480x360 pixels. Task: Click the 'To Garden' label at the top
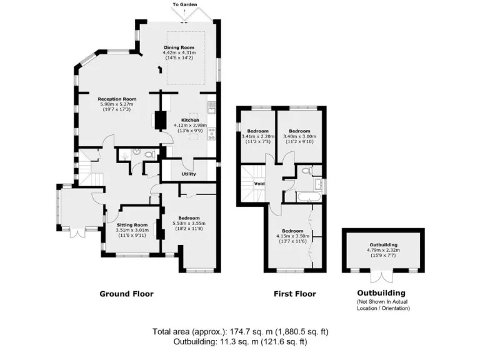pos(186,4)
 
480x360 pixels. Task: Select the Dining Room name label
pos(179,47)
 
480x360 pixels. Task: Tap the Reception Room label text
pos(116,99)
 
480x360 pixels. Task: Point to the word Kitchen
pos(190,120)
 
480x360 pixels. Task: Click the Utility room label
pos(189,174)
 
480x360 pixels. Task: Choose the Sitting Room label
pos(132,224)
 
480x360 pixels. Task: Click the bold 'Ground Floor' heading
pos(126,294)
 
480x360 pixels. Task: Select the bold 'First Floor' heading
pos(295,294)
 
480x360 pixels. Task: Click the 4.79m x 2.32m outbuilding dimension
pos(383,251)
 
